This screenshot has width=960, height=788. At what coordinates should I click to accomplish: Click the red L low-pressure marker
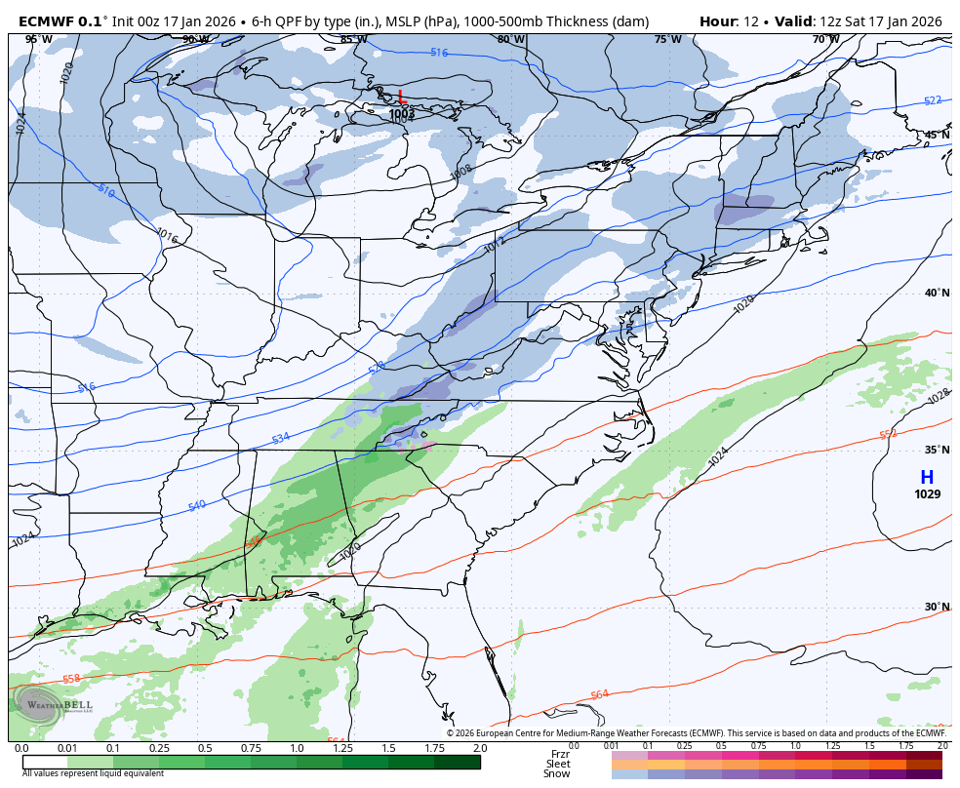coord(401,97)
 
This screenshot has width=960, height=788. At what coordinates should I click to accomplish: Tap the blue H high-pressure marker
coord(926,477)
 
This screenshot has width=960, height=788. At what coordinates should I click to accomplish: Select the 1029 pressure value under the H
coord(927,494)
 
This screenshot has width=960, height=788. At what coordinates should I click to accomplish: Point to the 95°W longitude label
coord(38,39)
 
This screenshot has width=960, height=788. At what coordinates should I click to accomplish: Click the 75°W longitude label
coord(667,39)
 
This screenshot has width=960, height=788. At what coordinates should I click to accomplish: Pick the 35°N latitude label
coord(938,450)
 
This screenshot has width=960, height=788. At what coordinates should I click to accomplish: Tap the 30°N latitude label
coord(938,607)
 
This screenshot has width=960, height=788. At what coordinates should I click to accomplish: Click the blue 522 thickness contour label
coord(933,100)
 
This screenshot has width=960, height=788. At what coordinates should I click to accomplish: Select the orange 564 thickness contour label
coord(599,694)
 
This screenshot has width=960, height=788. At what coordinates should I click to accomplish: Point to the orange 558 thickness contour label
coord(71,679)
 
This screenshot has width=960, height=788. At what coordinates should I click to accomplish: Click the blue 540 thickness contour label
coord(197,505)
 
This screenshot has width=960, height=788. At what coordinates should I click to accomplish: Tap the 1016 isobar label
coord(167,235)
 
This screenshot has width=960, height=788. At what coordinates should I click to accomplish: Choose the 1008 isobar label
coord(460,173)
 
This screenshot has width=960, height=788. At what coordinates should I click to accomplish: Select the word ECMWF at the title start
coord(46,21)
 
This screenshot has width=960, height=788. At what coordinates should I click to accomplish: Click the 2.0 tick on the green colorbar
coord(480,748)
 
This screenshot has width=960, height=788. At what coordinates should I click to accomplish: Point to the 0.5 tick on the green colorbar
coord(205,748)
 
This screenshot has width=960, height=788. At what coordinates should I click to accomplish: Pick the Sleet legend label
coord(557,764)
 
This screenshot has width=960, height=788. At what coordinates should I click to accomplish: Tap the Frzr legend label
coord(560,754)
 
